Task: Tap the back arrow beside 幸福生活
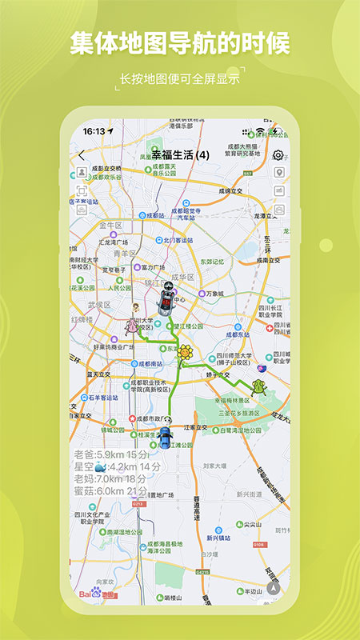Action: click(81, 155)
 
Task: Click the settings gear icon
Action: click(278, 155)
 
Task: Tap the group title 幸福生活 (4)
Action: click(180, 154)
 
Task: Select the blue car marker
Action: click(165, 438)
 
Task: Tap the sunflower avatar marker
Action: click(186, 352)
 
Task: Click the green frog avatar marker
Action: click(258, 388)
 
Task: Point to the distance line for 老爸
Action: click(105, 454)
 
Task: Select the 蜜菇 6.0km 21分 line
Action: click(110, 490)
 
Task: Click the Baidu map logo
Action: click(93, 593)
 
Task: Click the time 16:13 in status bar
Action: click(94, 130)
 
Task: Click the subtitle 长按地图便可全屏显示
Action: click(179, 79)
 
